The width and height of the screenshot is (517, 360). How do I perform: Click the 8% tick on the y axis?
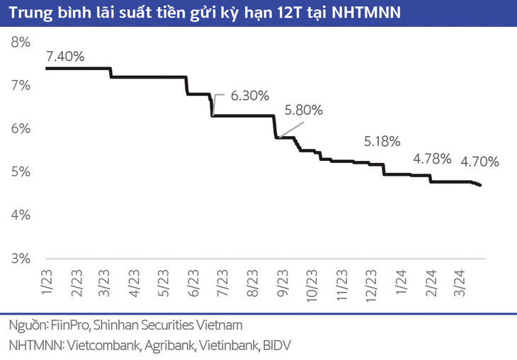[21, 42]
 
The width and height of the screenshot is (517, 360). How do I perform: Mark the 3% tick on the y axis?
[21, 258]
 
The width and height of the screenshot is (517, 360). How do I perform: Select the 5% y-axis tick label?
[21, 171]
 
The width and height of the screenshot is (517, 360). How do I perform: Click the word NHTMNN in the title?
[365, 13]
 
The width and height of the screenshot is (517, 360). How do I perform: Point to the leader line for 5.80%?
[290, 130]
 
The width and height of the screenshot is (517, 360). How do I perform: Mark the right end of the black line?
[481, 186]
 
